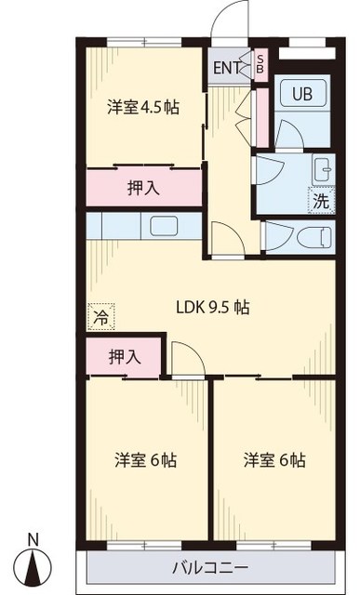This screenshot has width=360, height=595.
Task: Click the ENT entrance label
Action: click(227, 67)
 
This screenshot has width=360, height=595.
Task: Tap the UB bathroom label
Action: click(302, 94)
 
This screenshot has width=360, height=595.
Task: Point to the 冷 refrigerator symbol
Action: click(98, 317)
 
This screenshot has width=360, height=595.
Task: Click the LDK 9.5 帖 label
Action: click(212, 306)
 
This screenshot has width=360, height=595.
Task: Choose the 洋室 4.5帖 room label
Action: click(143, 107)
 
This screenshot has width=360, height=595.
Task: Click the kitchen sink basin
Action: click(167, 227)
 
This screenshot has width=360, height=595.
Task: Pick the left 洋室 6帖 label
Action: click(146, 460)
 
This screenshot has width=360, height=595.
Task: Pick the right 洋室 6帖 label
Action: click(274, 460)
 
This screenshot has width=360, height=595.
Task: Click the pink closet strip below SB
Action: click(261, 115)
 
